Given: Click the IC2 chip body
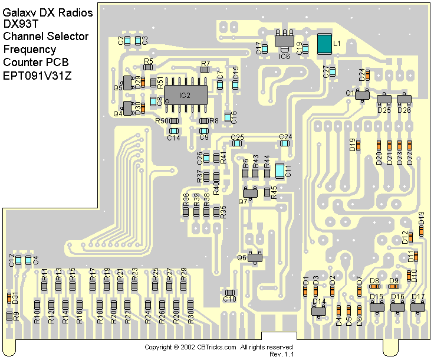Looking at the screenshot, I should click(x=186, y=94).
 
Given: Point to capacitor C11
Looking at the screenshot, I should click(x=280, y=170).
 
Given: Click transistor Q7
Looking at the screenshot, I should click(x=251, y=192).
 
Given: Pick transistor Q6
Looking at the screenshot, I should click(x=255, y=257).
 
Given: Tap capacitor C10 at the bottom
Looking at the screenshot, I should click(x=230, y=292).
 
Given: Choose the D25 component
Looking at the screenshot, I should click(x=384, y=101).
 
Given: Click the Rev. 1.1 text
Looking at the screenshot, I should click(x=281, y=354).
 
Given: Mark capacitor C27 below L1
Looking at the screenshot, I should click(x=333, y=72).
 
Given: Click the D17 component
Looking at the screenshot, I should click(x=418, y=306).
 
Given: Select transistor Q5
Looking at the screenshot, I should click(x=127, y=83).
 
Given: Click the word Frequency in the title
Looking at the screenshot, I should click(x=29, y=49).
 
